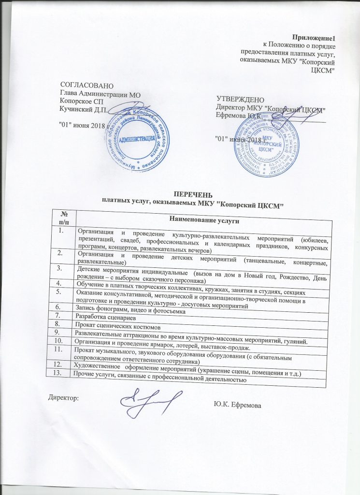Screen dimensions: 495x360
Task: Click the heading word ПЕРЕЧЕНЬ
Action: [191, 195]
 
